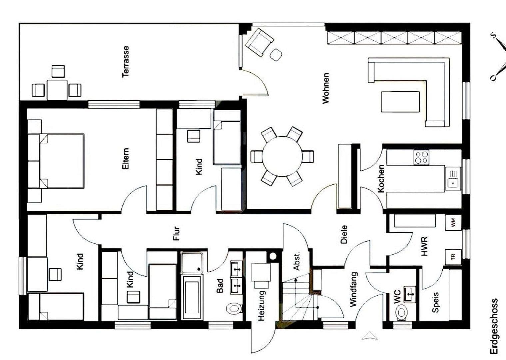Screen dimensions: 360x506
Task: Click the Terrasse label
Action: pos(126,62)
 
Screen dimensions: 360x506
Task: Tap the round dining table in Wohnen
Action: pos(282,156)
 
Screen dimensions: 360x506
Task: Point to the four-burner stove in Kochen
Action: pos(421,157)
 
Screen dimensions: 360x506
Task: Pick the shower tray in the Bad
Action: pos(192,262)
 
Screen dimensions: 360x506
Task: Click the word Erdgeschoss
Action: pos(494,326)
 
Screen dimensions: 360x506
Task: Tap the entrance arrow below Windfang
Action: pos(370,336)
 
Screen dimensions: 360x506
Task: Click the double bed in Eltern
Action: pos(61,161)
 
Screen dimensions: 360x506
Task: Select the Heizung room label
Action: pos(261,306)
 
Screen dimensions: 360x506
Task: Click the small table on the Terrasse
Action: pos(57,89)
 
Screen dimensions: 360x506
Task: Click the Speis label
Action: pos(435,302)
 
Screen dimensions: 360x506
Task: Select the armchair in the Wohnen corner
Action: pos(259,42)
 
